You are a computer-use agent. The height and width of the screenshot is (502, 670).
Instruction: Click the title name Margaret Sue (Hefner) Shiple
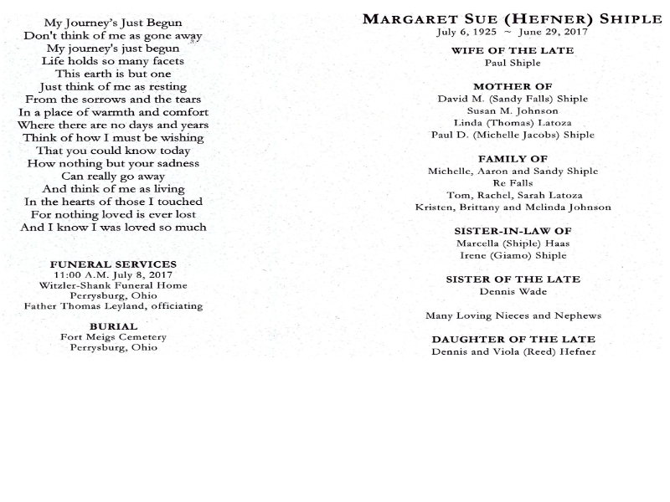(513, 19)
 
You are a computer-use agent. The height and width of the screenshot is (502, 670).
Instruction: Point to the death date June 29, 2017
(553, 32)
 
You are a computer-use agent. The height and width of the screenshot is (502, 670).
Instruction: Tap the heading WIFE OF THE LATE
(513, 50)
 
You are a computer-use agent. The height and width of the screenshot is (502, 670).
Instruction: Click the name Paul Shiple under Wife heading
(513, 63)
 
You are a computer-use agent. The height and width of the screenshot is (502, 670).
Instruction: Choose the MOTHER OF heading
(513, 86)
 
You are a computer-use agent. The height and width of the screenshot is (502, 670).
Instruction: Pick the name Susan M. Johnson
(513, 110)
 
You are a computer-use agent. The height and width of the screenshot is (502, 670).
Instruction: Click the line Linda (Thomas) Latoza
(513, 123)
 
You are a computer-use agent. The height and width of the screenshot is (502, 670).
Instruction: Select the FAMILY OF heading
(513, 158)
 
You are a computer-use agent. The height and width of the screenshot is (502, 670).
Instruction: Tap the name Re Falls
(513, 182)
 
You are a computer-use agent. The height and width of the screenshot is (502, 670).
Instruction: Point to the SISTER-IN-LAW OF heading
(513, 231)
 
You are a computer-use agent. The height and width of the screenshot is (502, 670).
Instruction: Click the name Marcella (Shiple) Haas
(513, 243)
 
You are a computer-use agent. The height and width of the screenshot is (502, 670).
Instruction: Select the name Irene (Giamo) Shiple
(513, 255)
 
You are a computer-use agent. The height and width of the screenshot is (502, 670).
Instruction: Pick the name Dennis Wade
(513, 292)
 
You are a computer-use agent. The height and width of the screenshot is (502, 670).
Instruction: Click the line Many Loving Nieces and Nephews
(513, 315)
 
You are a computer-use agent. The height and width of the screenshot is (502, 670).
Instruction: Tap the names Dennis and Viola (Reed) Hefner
(513, 351)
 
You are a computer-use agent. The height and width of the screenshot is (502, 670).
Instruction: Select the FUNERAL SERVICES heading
(113, 264)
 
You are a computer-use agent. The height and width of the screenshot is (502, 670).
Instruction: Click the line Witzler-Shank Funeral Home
(113, 285)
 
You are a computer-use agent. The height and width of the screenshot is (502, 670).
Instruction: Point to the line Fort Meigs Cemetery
(113, 337)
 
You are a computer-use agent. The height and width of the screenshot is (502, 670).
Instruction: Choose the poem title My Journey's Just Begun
(113, 23)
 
